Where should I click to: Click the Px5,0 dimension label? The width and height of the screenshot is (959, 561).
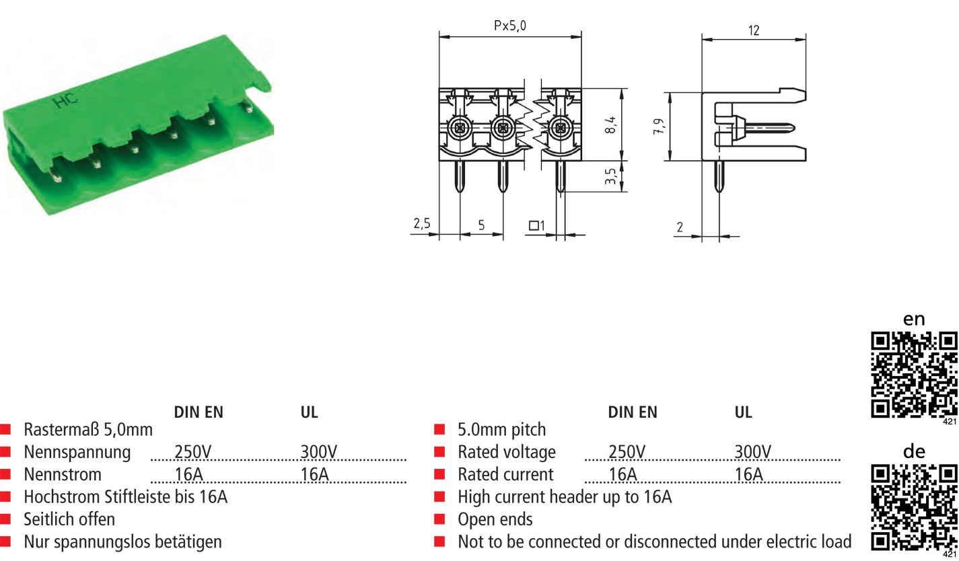pos(510,26)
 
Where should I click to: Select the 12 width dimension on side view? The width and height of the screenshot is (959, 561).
pos(753,30)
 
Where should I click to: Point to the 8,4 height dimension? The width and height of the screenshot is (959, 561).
pos(610,124)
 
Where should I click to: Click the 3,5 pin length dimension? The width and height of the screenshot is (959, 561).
pos(610,176)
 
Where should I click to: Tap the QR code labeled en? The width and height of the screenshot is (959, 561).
pos(914,374)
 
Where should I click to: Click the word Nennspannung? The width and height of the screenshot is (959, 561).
pos(77,452)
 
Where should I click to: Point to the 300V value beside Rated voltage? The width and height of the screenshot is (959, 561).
pos(752,452)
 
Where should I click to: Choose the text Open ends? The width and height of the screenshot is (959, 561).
pos(495,519)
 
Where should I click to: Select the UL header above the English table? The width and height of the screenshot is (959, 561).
pos(743,412)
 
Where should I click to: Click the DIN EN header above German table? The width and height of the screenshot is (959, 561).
pos(199,412)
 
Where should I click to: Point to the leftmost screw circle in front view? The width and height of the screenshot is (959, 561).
pos(460,126)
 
